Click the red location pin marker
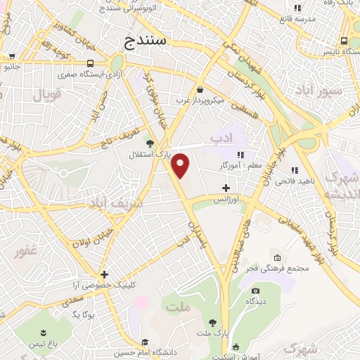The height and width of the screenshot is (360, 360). [181, 166]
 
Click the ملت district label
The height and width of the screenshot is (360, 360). [179, 306]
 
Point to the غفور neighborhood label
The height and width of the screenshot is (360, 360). [27, 250]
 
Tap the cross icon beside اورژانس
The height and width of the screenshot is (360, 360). [226, 188]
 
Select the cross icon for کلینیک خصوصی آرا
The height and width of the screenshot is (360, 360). [104, 274]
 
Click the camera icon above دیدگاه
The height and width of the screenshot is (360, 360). [255, 290]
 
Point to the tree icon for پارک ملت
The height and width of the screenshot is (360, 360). [212, 322]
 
